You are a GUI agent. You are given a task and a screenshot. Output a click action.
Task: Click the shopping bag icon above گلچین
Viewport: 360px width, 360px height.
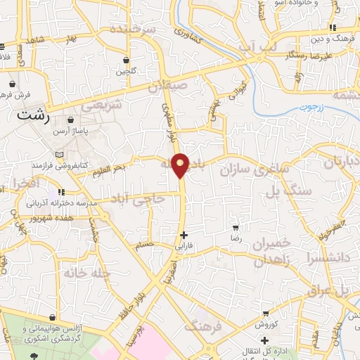point(126,60)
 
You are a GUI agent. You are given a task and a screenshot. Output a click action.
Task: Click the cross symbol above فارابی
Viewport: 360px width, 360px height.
point(184,235)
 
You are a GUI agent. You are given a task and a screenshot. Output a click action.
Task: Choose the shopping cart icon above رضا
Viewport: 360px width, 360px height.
point(236,227)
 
